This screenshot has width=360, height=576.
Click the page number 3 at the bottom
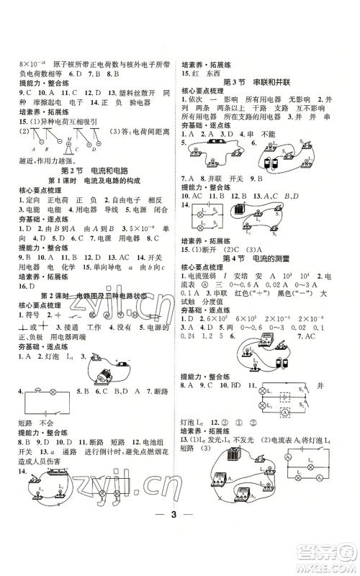179,535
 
